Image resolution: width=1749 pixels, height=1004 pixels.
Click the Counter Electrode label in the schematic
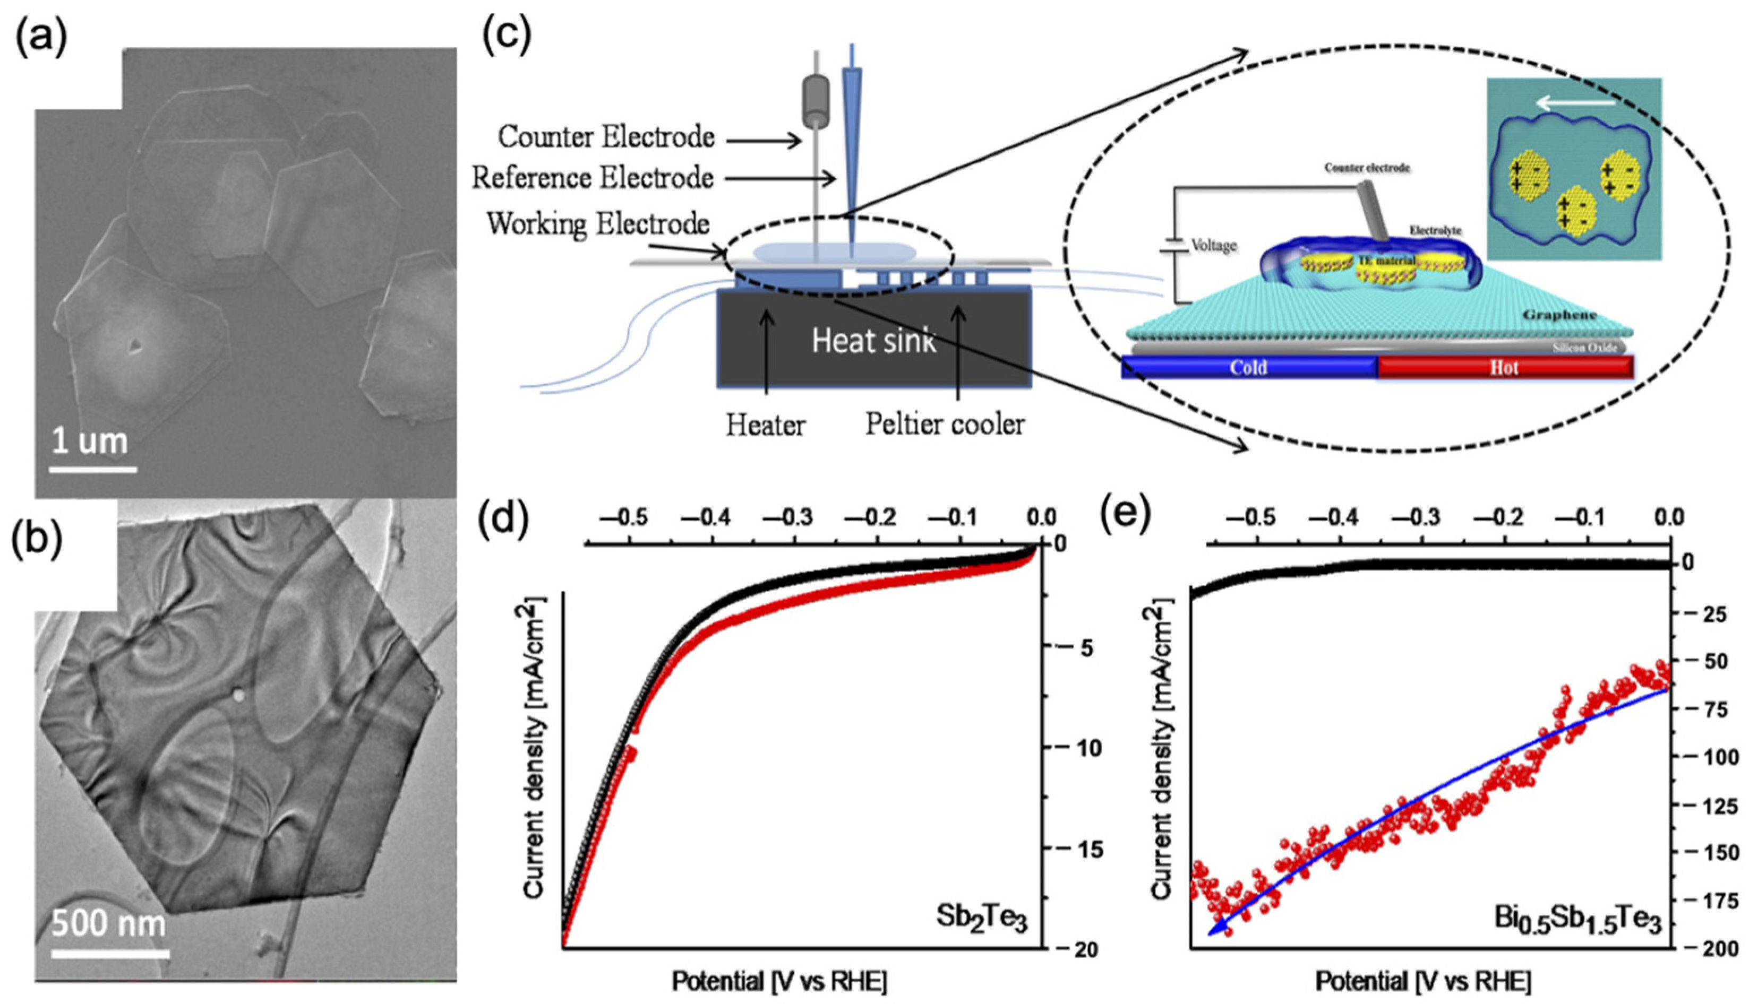tap(606, 138)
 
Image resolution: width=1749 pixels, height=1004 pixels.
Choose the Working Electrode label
tap(597, 223)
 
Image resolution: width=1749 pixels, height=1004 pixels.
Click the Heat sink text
tap(873, 341)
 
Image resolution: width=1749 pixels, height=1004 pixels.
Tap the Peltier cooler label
tap(945, 425)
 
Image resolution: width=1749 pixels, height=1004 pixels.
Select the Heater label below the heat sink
tap(765, 426)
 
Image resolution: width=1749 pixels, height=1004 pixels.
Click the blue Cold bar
tap(1249, 368)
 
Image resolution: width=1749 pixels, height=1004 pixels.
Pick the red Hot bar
tap(1504, 368)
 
